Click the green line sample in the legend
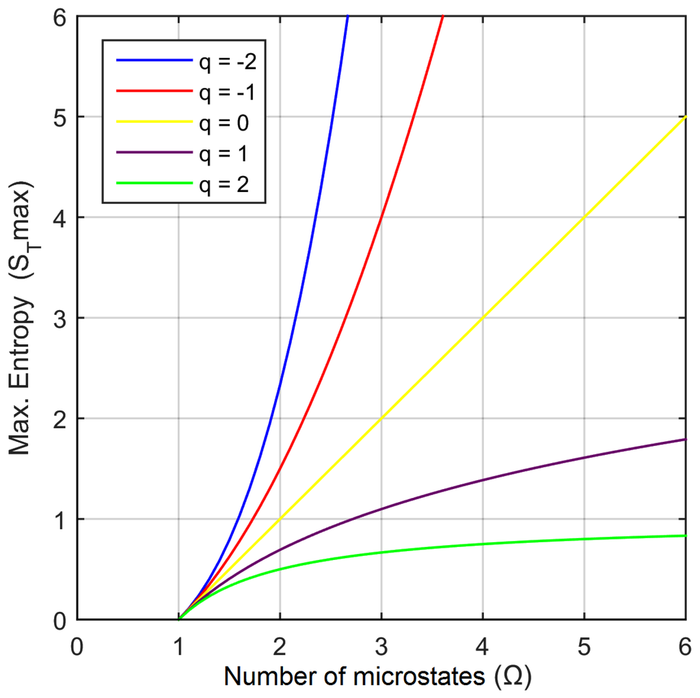154,182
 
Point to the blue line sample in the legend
154,61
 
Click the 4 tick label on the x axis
483,645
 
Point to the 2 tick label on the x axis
280,645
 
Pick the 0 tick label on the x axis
77,645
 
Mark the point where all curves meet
179,619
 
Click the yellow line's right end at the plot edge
685,117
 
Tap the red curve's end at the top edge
443,17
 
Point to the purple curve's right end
685,439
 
